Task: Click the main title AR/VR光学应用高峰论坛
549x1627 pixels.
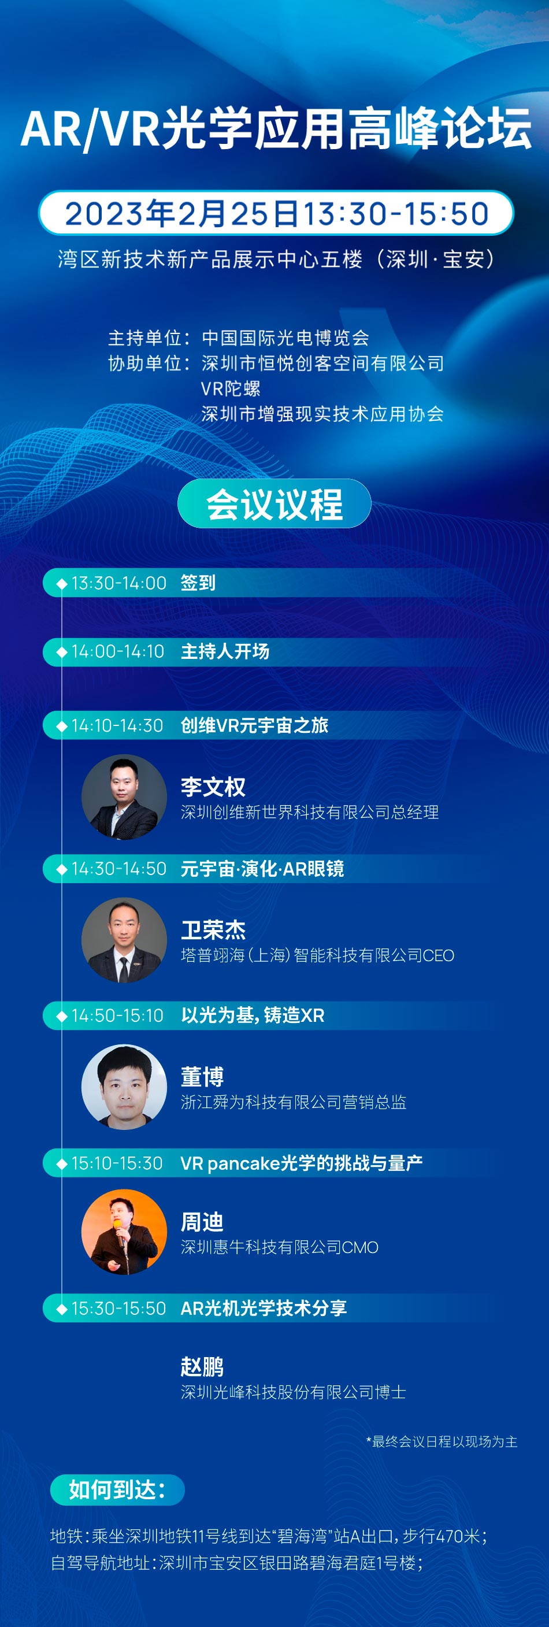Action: pos(276,129)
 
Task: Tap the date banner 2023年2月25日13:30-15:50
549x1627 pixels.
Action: pos(276,213)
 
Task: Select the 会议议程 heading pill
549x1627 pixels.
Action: pos(274,503)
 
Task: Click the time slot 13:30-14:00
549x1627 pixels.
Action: pos(119,583)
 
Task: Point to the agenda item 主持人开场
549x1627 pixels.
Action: pos(225,651)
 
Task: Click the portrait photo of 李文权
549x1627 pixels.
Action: pos(124,796)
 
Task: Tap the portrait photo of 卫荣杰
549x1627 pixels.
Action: pos(124,940)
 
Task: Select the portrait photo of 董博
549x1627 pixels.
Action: pos(124,1087)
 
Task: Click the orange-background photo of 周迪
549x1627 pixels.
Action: pos(124,1232)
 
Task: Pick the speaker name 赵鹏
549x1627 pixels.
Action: pos(202,1367)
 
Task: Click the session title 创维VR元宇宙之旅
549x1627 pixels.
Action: pos(255,725)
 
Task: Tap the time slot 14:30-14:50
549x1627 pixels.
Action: pos(119,869)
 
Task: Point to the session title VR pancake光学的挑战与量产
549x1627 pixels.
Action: pos(301,1163)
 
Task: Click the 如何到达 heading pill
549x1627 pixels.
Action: pos(117,1490)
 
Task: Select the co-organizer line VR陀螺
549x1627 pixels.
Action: pos(231,388)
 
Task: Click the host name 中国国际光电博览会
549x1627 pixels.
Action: pos(285,338)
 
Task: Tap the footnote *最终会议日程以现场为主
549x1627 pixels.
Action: pos(442,1441)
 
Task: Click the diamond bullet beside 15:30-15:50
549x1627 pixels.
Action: pos(62,1308)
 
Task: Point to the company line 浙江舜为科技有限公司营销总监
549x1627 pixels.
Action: pos(293,1102)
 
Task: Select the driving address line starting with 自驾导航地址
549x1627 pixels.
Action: pos(236,1563)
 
